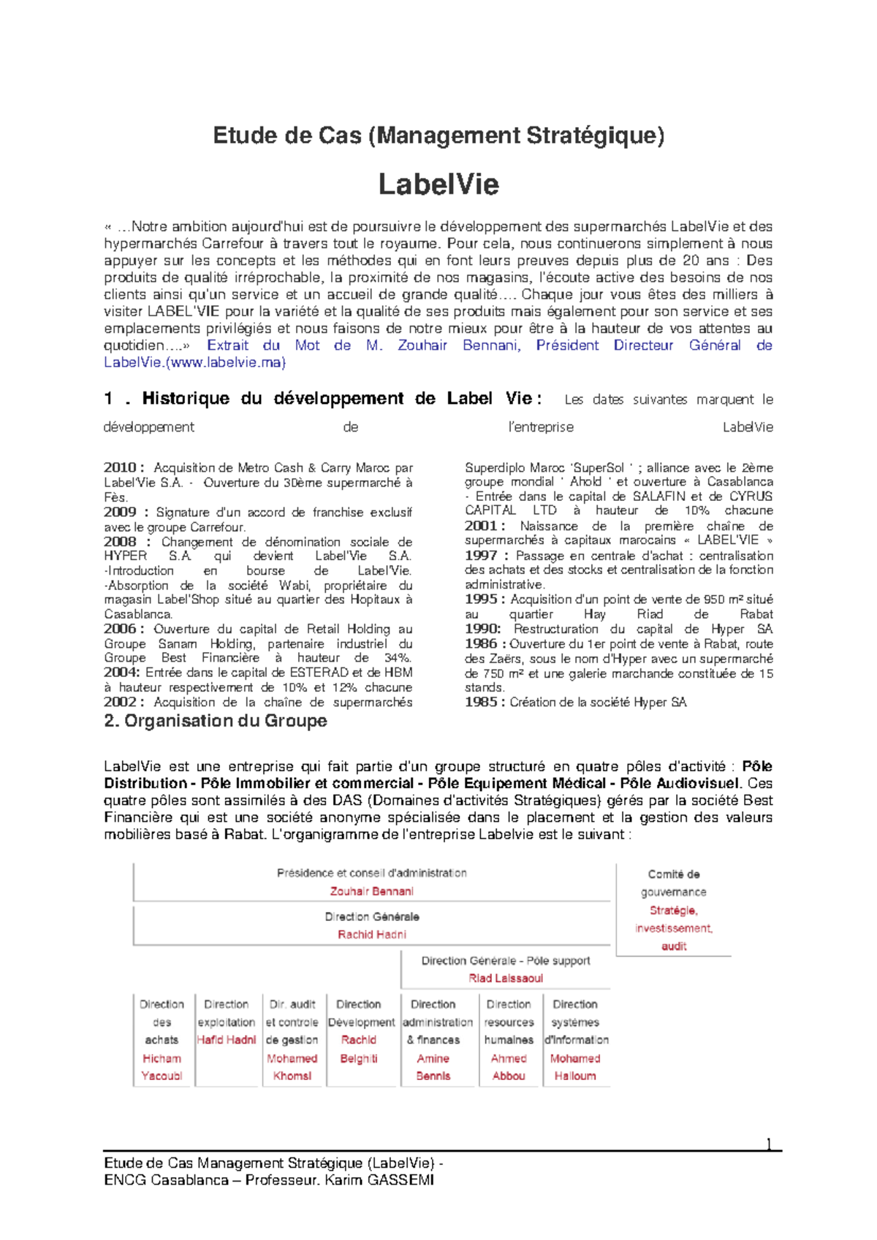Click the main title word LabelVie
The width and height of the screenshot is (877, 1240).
point(438,184)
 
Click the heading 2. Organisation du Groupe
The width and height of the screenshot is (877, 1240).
point(216,721)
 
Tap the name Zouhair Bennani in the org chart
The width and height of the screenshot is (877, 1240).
point(371,891)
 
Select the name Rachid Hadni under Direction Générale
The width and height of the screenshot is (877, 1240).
point(371,934)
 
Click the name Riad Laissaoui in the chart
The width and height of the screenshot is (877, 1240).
point(506,978)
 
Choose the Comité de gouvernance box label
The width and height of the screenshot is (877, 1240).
point(673,883)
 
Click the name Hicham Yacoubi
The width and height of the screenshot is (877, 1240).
point(162,1067)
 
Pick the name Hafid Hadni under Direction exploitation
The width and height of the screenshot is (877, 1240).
point(227,1040)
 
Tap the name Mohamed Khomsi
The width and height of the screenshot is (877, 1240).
point(292,1067)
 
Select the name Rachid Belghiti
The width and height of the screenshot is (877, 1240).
point(359,1049)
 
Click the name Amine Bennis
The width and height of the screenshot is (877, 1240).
point(433,1067)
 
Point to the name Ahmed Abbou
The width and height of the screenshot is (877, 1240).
point(509,1067)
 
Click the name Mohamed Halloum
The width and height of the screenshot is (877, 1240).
point(575,1067)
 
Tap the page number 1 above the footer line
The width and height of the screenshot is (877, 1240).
point(768,1144)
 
